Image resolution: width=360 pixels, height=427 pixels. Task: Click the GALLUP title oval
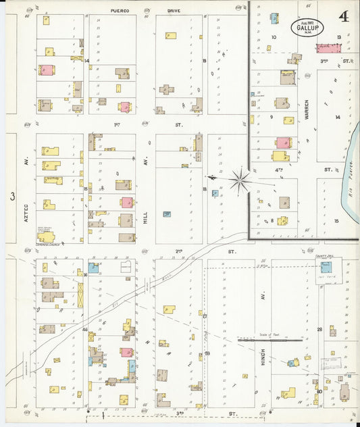[307, 27]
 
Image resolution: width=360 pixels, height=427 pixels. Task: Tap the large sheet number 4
[344, 16]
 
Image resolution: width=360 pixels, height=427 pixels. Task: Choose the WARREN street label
[306, 109]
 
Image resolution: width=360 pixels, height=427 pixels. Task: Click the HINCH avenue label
[263, 355]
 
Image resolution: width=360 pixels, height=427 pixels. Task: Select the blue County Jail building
[326, 267]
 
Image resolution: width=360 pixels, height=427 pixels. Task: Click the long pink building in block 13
[327, 49]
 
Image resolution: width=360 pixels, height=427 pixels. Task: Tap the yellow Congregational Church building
[45, 236]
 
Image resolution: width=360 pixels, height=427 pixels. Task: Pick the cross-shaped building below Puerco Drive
[166, 89]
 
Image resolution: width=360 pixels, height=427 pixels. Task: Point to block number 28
[318, 330]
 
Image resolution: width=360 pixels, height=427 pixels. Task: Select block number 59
[207, 353]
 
